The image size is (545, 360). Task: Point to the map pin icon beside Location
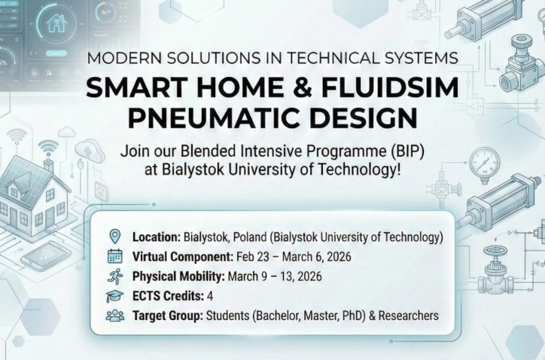click(114, 236)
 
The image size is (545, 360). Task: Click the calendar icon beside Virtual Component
click(114, 255)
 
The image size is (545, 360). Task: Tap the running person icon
click(114, 275)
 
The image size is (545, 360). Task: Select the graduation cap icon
click(114, 295)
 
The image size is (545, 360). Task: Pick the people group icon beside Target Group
click(114, 315)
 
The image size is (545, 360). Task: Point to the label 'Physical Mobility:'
click(176, 276)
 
